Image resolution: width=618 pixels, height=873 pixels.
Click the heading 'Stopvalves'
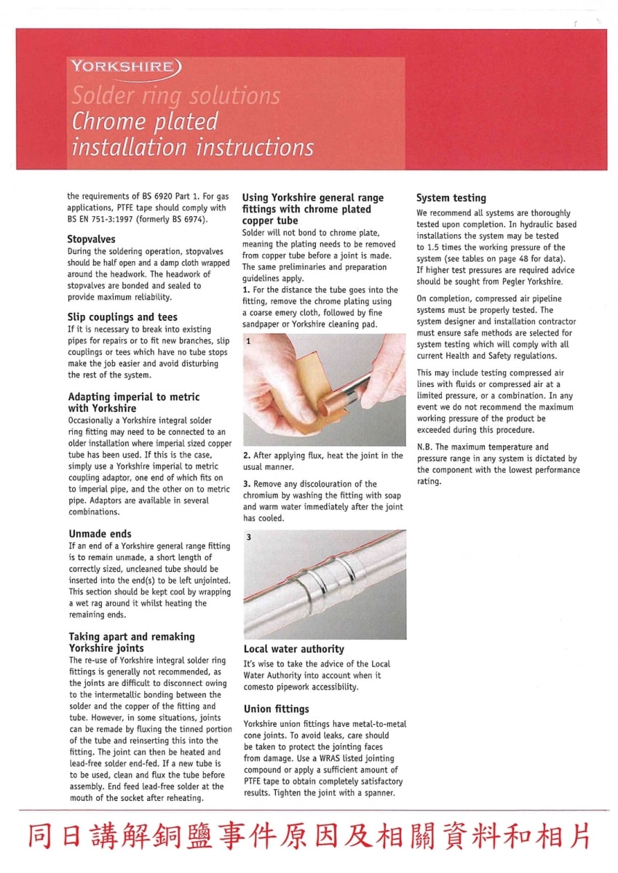(x=91, y=239)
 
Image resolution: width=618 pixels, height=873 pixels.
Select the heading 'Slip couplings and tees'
(x=122, y=316)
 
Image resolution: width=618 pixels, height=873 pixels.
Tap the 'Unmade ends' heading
(x=100, y=533)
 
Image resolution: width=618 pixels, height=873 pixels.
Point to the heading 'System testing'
(x=451, y=198)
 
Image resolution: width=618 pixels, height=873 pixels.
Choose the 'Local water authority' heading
(x=293, y=649)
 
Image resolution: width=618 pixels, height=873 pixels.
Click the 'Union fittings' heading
(x=276, y=709)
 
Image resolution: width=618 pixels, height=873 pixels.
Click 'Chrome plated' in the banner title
(x=144, y=121)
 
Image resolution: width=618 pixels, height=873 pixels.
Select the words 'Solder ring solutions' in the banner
(x=175, y=95)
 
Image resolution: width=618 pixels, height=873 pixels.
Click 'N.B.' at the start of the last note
(x=424, y=447)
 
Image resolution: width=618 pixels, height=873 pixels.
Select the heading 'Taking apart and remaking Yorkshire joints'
(x=132, y=642)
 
